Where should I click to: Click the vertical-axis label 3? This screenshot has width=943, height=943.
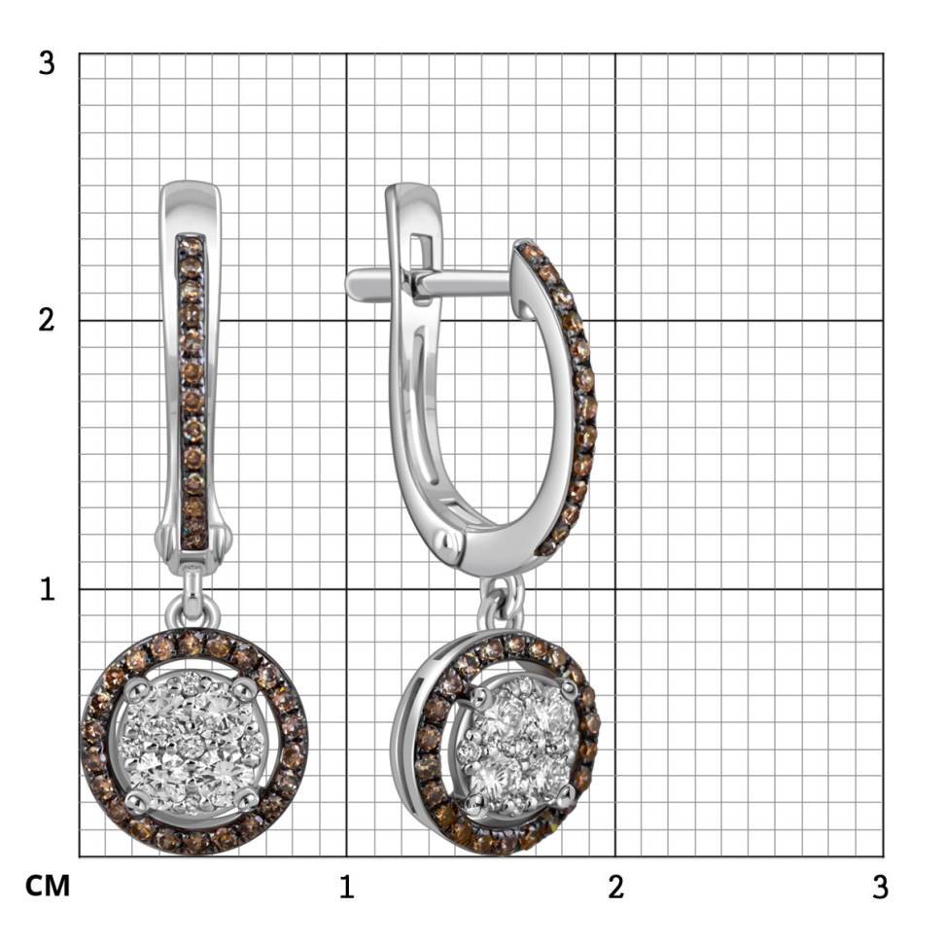coord(47,62)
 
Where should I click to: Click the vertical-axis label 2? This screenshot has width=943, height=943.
coord(47,320)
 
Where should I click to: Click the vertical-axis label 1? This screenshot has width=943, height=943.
coord(48,589)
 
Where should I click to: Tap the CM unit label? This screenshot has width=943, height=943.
coord(48,886)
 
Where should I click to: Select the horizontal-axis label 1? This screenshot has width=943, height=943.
coord(346,887)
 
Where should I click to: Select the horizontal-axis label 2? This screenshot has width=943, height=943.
coord(615,887)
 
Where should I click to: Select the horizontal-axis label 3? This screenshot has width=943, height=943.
coord(881,887)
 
